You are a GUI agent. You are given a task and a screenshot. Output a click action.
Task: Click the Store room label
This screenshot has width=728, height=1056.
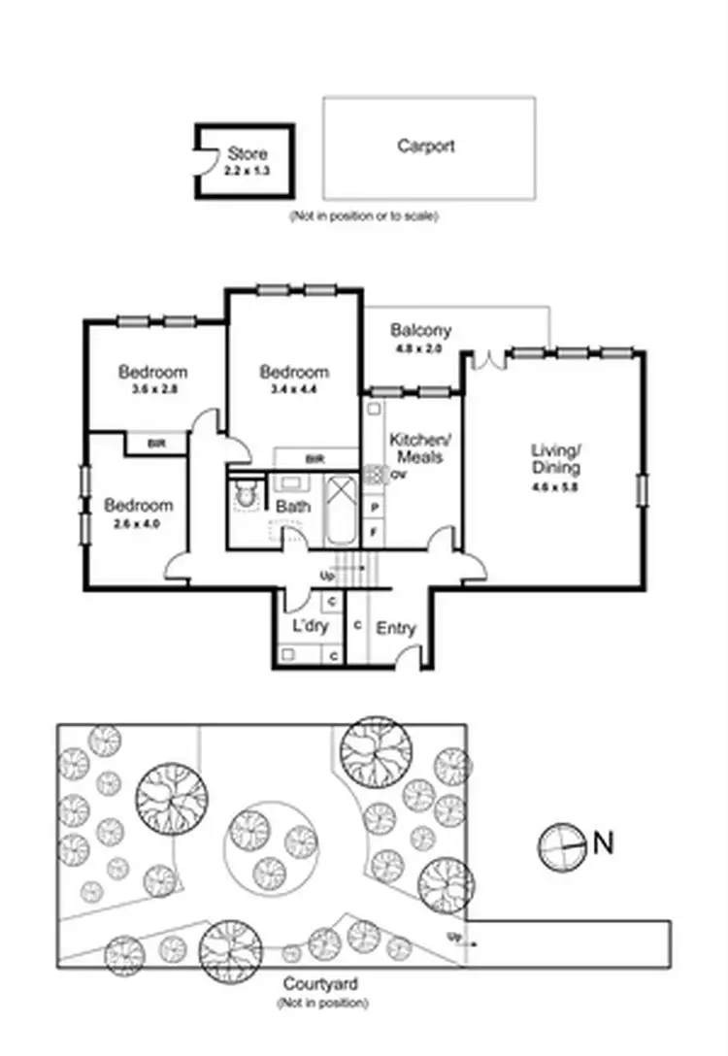[x=248, y=153]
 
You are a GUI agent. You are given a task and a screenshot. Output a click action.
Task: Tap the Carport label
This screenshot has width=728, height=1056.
[x=425, y=147]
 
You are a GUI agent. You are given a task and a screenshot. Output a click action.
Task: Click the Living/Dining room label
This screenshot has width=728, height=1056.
[x=555, y=458]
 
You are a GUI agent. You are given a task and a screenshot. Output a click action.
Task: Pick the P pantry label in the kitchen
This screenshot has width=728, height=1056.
[x=375, y=507]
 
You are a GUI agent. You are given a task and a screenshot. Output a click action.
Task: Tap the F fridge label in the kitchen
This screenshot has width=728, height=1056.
[x=375, y=532]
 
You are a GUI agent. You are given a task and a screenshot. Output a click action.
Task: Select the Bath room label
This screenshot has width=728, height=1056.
[x=293, y=507]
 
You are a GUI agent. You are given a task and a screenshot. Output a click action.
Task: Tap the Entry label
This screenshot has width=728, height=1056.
[x=395, y=628]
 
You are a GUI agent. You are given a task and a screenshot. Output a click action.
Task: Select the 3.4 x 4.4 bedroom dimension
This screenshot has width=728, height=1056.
[x=294, y=389]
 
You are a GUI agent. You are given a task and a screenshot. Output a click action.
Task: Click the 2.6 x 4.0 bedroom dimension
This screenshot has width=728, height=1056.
[x=139, y=523]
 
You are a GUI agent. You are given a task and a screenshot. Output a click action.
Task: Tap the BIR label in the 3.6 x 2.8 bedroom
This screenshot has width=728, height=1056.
[x=155, y=444]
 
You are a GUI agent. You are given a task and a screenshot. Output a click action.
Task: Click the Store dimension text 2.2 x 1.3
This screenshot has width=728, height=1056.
[x=247, y=169]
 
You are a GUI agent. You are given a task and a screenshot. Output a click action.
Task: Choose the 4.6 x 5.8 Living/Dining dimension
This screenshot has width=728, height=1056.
[x=554, y=488]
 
